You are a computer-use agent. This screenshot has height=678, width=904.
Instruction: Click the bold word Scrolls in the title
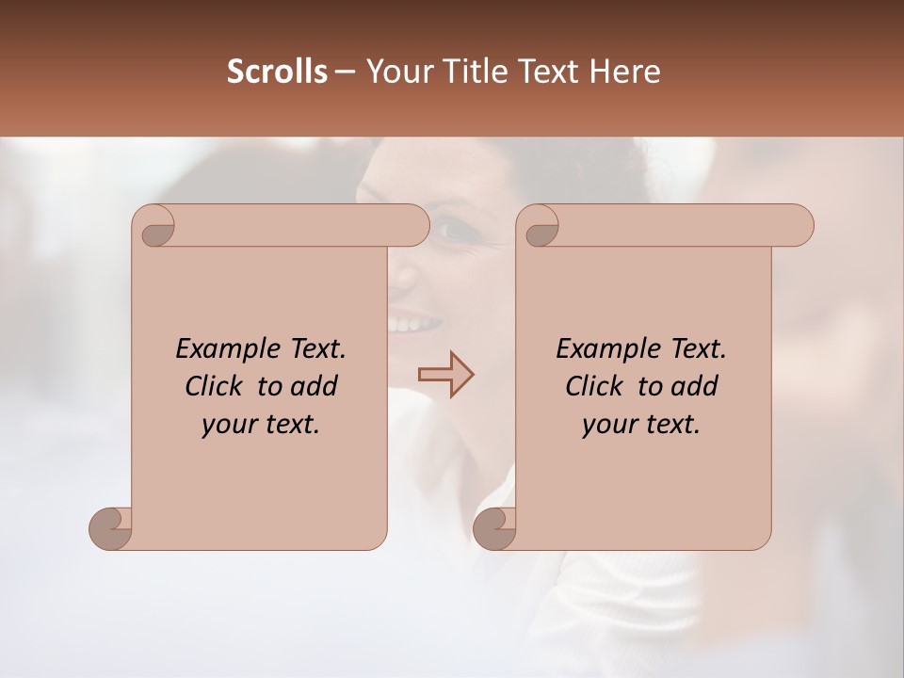click(277, 72)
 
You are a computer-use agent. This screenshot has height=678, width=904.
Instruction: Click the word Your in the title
click(396, 72)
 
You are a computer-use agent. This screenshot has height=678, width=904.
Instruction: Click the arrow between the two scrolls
click(445, 374)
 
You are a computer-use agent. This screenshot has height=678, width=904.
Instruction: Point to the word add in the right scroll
click(695, 386)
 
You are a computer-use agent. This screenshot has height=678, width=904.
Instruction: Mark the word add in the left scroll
click(315, 386)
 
